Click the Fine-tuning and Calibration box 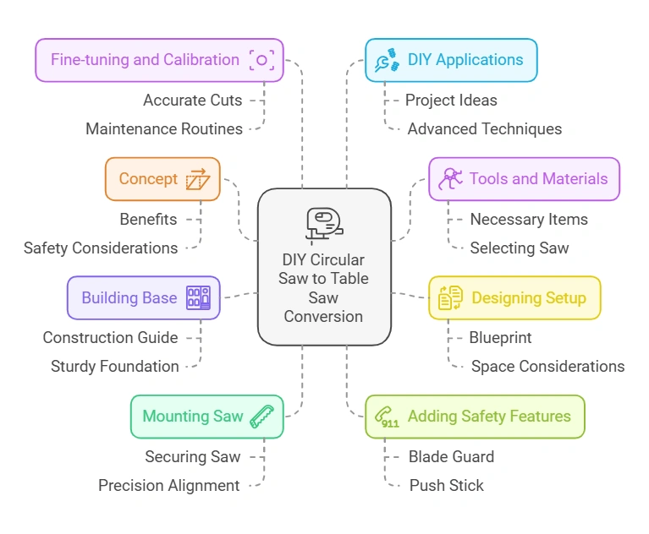tap(159, 60)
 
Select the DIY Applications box tap(451, 60)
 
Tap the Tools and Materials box tap(524, 179)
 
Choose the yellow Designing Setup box tap(514, 297)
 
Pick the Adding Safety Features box tap(475, 417)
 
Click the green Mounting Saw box tap(206, 417)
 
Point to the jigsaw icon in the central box tap(323, 226)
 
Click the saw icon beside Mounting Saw tap(262, 417)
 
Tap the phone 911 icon tap(388, 417)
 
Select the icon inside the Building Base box tap(199, 297)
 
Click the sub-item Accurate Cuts tap(192, 101)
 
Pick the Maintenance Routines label tap(164, 129)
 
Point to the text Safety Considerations tap(101, 248)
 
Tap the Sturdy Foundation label tap(114, 367)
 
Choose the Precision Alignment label tap(169, 486)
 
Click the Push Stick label tap(447, 486)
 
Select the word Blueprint tap(500, 337)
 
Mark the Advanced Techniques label tap(484, 129)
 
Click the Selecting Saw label tap(520, 248)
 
